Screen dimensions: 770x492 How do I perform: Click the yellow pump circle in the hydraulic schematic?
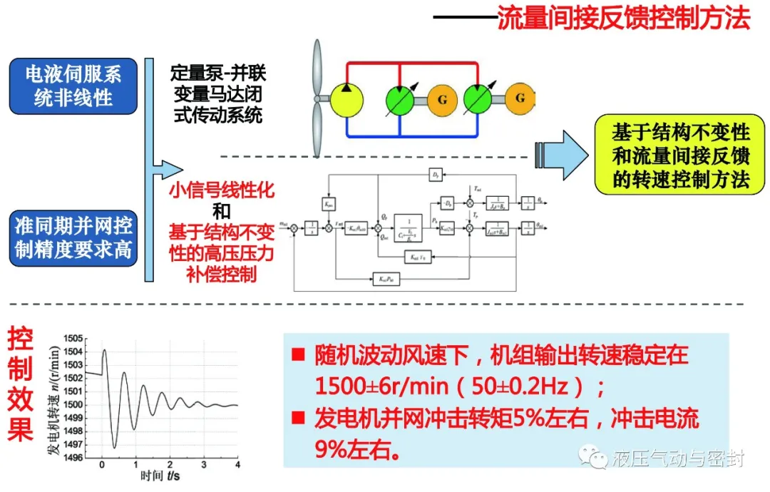tap(346, 98)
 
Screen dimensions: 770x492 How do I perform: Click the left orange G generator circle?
tap(443, 98)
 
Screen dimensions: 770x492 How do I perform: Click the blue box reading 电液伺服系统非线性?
tap(73, 86)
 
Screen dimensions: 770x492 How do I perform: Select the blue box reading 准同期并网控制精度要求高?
tap(73, 239)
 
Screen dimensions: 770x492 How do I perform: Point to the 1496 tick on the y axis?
tap(73, 458)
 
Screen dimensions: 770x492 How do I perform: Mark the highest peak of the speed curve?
tap(105, 349)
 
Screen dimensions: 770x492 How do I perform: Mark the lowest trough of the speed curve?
tap(114, 448)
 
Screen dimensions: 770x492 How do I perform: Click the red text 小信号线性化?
tap(222, 190)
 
